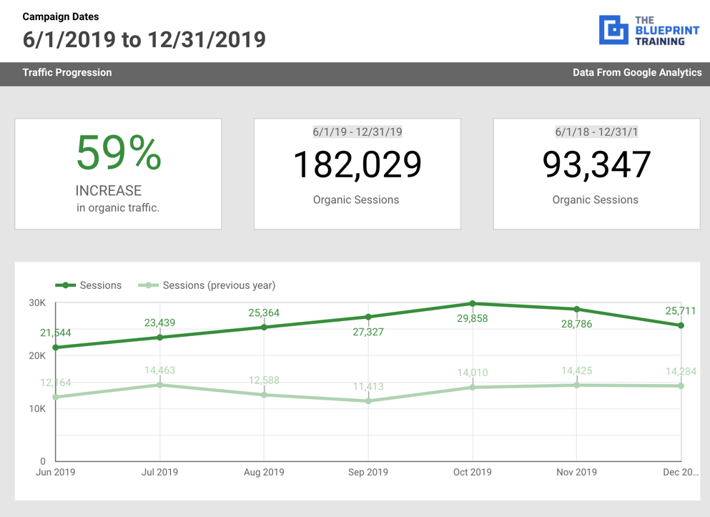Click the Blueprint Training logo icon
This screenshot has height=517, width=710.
(x=613, y=30)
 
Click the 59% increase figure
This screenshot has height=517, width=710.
(x=119, y=153)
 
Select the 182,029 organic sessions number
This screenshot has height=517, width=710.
(x=357, y=164)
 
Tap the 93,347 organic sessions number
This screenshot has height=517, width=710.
(x=596, y=164)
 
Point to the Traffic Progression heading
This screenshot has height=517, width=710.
(x=67, y=72)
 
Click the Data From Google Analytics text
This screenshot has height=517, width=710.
(x=636, y=72)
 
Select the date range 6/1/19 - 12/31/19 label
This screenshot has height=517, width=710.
(x=357, y=132)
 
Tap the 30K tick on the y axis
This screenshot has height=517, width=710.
(x=37, y=303)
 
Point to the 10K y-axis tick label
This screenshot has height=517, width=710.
(x=37, y=409)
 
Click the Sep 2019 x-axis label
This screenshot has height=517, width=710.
(x=368, y=472)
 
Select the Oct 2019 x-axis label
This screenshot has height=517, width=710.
(x=473, y=472)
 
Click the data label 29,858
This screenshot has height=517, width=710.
(x=473, y=319)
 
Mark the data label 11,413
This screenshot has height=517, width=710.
(x=368, y=387)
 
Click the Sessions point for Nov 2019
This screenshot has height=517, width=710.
(x=577, y=310)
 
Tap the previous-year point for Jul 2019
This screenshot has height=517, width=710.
(x=160, y=385)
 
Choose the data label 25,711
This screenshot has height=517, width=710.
(x=680, y=311)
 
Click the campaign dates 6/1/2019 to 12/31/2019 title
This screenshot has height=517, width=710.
(x=144, y=39)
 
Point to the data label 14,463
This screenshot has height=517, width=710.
(x=160, y=370)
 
